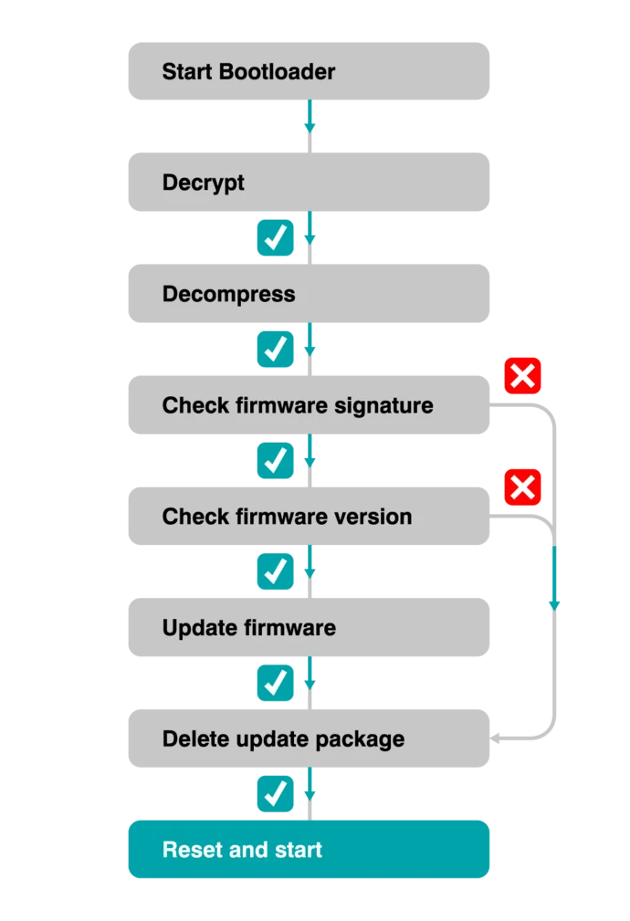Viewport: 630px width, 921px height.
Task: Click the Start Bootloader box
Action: [310, 70]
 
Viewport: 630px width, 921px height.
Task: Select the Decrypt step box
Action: [310, 182]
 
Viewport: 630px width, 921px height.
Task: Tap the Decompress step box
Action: [310, 294]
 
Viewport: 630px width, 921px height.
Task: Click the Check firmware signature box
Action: [310, 405]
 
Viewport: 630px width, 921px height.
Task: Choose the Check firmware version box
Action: [310, 517]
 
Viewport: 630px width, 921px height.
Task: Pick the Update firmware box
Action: [310, 628]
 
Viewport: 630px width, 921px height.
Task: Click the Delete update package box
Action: [310, 739]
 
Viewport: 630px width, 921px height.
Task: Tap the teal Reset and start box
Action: [310, 850]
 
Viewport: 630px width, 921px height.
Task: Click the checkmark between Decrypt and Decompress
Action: [275, 238]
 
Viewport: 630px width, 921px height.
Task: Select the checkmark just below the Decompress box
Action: [275, 350]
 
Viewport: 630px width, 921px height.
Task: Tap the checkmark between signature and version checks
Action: [275, 461]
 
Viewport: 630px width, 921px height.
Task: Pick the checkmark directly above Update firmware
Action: [275, 571]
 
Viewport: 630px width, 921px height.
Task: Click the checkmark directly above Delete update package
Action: [275, 683]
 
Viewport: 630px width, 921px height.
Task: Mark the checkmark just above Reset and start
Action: [275, 794]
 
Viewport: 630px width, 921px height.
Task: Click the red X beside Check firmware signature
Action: [523, 376]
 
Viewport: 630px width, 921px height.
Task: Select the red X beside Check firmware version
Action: [523, 487]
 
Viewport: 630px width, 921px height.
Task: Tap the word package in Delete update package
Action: [364, 739]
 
